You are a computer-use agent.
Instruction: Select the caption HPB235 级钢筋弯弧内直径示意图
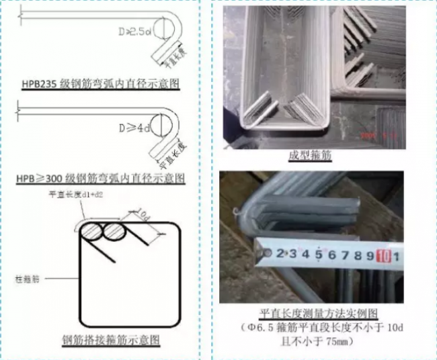click(102, 83)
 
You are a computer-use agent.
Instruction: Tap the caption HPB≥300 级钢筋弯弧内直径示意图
click(101, 179)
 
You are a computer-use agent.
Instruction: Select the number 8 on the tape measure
click(357, 254)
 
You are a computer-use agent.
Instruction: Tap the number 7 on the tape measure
click(343, 254)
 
